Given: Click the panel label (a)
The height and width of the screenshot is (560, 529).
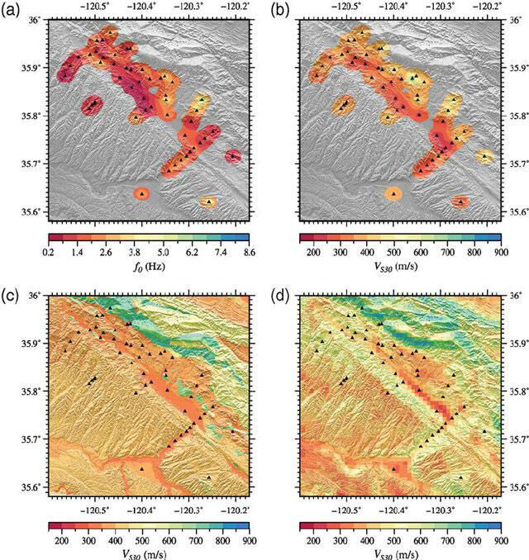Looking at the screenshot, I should tap(10, 11).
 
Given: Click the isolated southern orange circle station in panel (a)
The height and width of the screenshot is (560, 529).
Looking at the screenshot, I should tap(142, 194).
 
